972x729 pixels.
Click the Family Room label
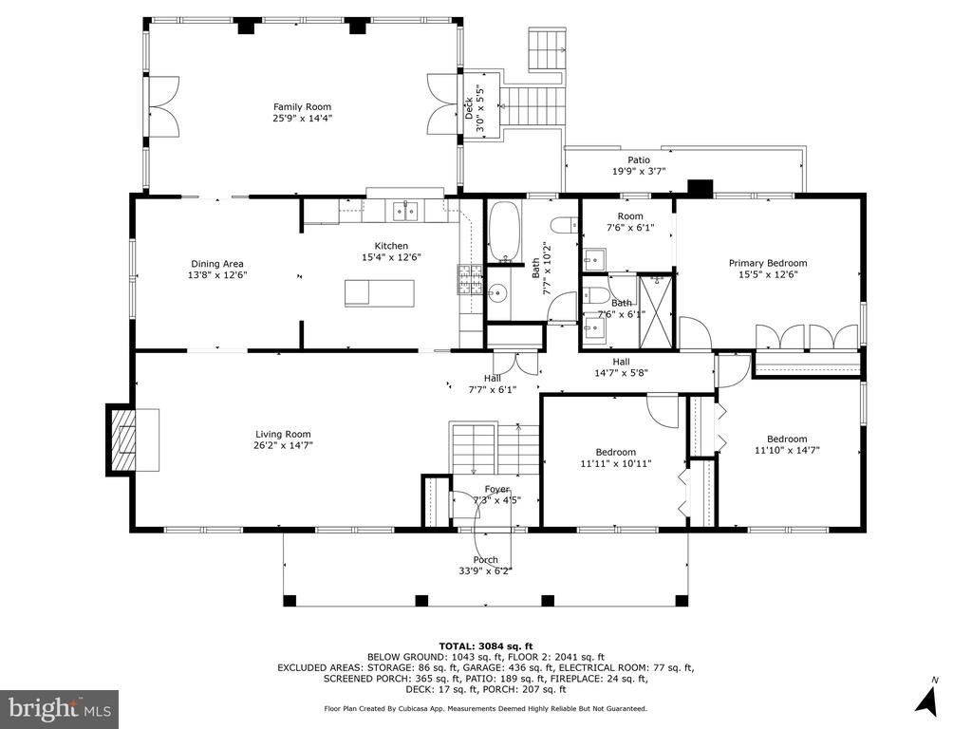pos(303,106)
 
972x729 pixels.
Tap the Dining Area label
pos(217,264)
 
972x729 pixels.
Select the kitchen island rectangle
pos(380,292)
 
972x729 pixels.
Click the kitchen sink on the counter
pos(405,211)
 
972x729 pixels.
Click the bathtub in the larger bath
pos(504,232)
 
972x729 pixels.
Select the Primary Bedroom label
pos(767,263)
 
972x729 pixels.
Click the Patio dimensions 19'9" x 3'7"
pos(639,171)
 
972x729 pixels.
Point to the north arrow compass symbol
pos(927,698)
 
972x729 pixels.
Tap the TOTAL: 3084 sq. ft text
pos(485,646)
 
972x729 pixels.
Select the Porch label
pos(485,560)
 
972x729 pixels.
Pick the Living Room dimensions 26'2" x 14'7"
pos(283,445)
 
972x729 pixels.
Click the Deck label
pos(469,108)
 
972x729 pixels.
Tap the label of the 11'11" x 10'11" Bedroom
pos(615,452)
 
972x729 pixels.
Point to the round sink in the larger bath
pos(497,292)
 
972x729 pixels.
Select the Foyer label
pos(496,489)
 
